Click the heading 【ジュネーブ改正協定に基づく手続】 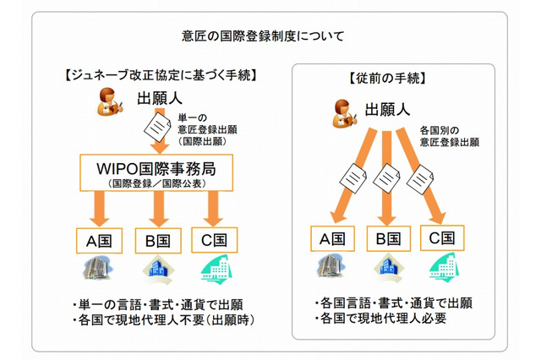(159, 75)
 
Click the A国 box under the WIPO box (94, 240)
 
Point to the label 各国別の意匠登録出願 (451, 137)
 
